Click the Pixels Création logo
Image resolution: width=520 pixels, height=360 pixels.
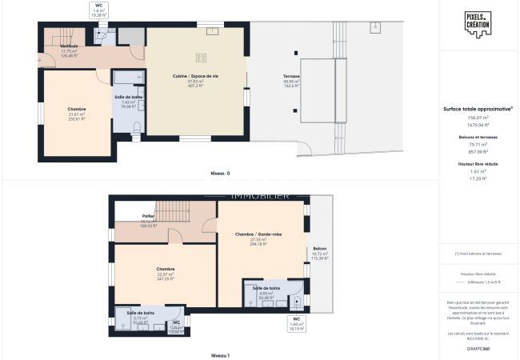click(478, 22)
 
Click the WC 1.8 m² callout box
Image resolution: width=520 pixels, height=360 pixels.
click(99, 10)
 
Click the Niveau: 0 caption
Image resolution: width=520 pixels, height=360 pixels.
click(220, 173)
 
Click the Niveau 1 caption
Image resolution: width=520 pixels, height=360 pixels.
click(220, 354)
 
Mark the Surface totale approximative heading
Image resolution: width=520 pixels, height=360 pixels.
click(478, 109)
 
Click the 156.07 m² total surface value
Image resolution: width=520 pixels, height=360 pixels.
click(478, 118)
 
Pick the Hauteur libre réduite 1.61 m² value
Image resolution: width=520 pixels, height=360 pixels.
click(478, 171)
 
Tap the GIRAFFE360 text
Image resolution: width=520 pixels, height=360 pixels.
click(479, 349)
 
